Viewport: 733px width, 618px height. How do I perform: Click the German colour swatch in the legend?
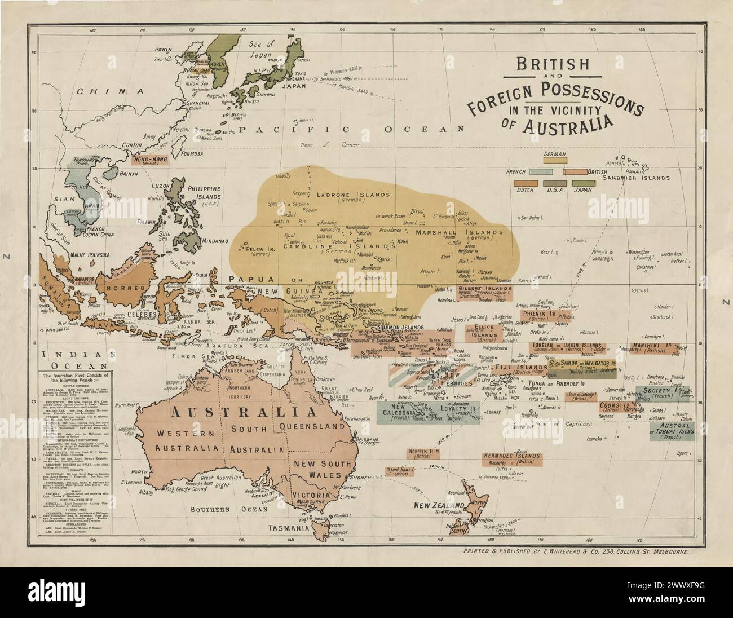point(555,160)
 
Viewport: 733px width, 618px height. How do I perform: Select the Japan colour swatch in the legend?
point(584,183)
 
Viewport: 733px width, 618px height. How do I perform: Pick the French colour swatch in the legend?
point(540,171)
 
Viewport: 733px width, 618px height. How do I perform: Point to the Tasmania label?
point(288,529)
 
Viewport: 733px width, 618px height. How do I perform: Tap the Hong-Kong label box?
point(154,160)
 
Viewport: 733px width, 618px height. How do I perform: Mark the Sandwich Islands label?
point(635,178)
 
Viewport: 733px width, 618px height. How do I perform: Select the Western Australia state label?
point(178,440)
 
